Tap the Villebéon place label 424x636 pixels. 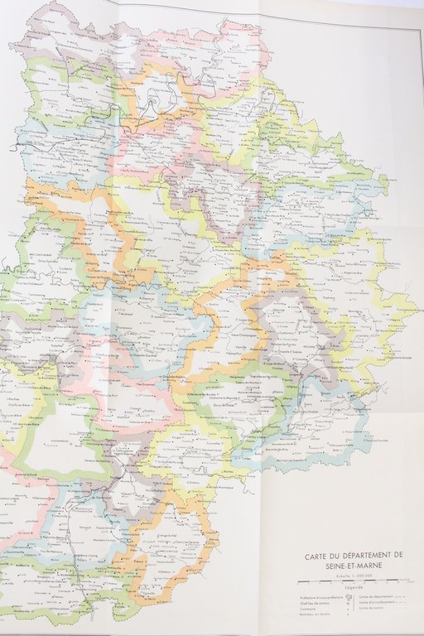coord(165,571)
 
